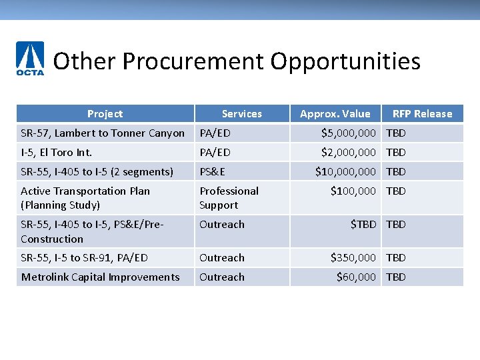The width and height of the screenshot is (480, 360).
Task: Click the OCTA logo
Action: tap(30, 59)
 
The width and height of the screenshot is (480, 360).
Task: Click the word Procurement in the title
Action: tap(193, 61)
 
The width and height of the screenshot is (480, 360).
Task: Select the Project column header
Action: tap(105, 114)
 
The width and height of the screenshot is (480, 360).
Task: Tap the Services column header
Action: tap(241, 114)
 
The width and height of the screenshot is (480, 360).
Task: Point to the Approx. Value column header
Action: tap(335, 114)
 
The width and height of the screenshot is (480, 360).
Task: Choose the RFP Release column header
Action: tap(422, 114)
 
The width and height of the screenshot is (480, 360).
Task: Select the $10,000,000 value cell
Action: tap(345, 172)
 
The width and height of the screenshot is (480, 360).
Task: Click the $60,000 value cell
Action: tap(356, 277)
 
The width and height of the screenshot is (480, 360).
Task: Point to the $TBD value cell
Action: tap(363, 225)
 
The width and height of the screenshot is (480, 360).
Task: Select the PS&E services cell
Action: tap(213, 172)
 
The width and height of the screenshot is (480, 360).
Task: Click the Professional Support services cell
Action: tap(229, 198)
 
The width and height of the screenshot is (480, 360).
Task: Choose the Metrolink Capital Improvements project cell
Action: tap(100, 277)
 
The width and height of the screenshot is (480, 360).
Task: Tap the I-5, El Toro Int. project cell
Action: tap(57, 153)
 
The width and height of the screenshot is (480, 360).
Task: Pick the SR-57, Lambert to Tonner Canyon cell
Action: tap(103, 133)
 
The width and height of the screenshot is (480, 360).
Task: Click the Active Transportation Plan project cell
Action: tap(85, 198)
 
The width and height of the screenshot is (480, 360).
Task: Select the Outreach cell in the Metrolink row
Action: tap(222, 277)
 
